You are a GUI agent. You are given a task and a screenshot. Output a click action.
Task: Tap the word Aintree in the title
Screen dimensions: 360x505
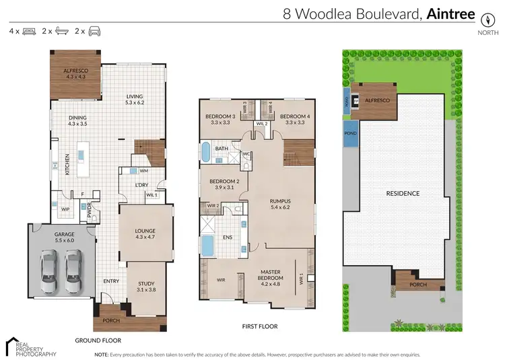tap(451, 13)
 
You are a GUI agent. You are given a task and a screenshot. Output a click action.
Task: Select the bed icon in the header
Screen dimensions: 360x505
tap(29, 32)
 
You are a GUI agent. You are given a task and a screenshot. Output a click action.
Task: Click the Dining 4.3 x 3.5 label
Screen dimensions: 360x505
tap(77, 120)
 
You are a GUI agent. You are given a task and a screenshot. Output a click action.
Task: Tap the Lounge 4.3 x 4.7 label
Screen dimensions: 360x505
tap(145, 233)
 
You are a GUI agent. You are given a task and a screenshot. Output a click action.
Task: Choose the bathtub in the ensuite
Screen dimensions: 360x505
tap(208, 245)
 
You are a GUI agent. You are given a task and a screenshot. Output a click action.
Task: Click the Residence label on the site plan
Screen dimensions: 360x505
tap(403, 194)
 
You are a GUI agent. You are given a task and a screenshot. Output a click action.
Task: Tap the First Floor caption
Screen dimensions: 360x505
tap(260, 326)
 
